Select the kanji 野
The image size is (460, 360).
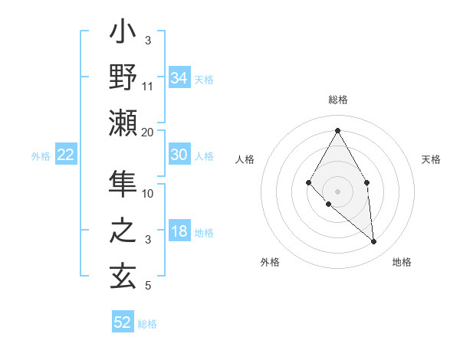point(123,77)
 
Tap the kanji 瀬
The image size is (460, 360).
point(123,123)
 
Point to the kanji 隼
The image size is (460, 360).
point(123,185)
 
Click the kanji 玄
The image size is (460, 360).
point(123,275)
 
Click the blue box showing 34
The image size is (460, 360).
point(179,77)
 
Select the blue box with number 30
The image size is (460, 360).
point(179,155)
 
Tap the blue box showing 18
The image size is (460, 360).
point(179,232)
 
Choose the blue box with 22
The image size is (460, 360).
point(66,155)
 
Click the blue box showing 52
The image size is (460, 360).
point(123,322)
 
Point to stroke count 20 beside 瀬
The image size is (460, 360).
point(147,133)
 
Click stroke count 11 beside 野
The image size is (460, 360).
point(148,87)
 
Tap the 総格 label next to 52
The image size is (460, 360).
point(147,324)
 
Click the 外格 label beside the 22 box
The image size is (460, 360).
point(41,156)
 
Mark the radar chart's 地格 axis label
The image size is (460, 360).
point(402,262)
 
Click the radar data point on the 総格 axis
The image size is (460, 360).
point(337,130)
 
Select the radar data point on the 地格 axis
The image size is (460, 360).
point(373,241)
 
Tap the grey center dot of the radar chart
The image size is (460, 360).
point(337,190)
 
